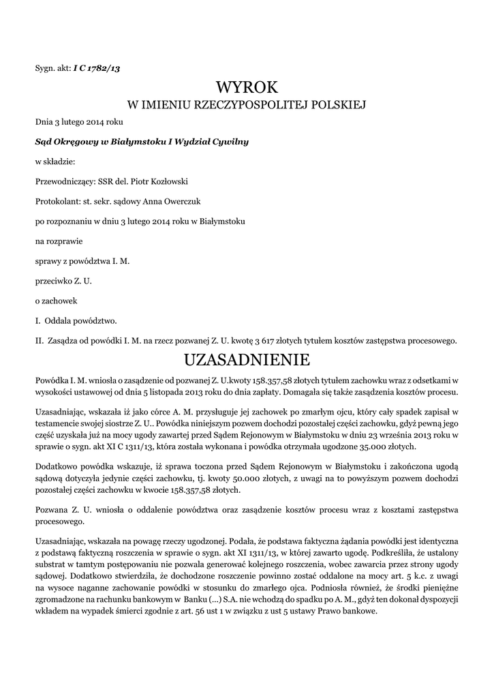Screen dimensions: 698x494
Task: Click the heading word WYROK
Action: [x=247, y=87]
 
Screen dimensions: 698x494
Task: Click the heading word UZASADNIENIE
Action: [x=247, y=359]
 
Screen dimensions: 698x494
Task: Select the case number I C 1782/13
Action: [x=97, y=67]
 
